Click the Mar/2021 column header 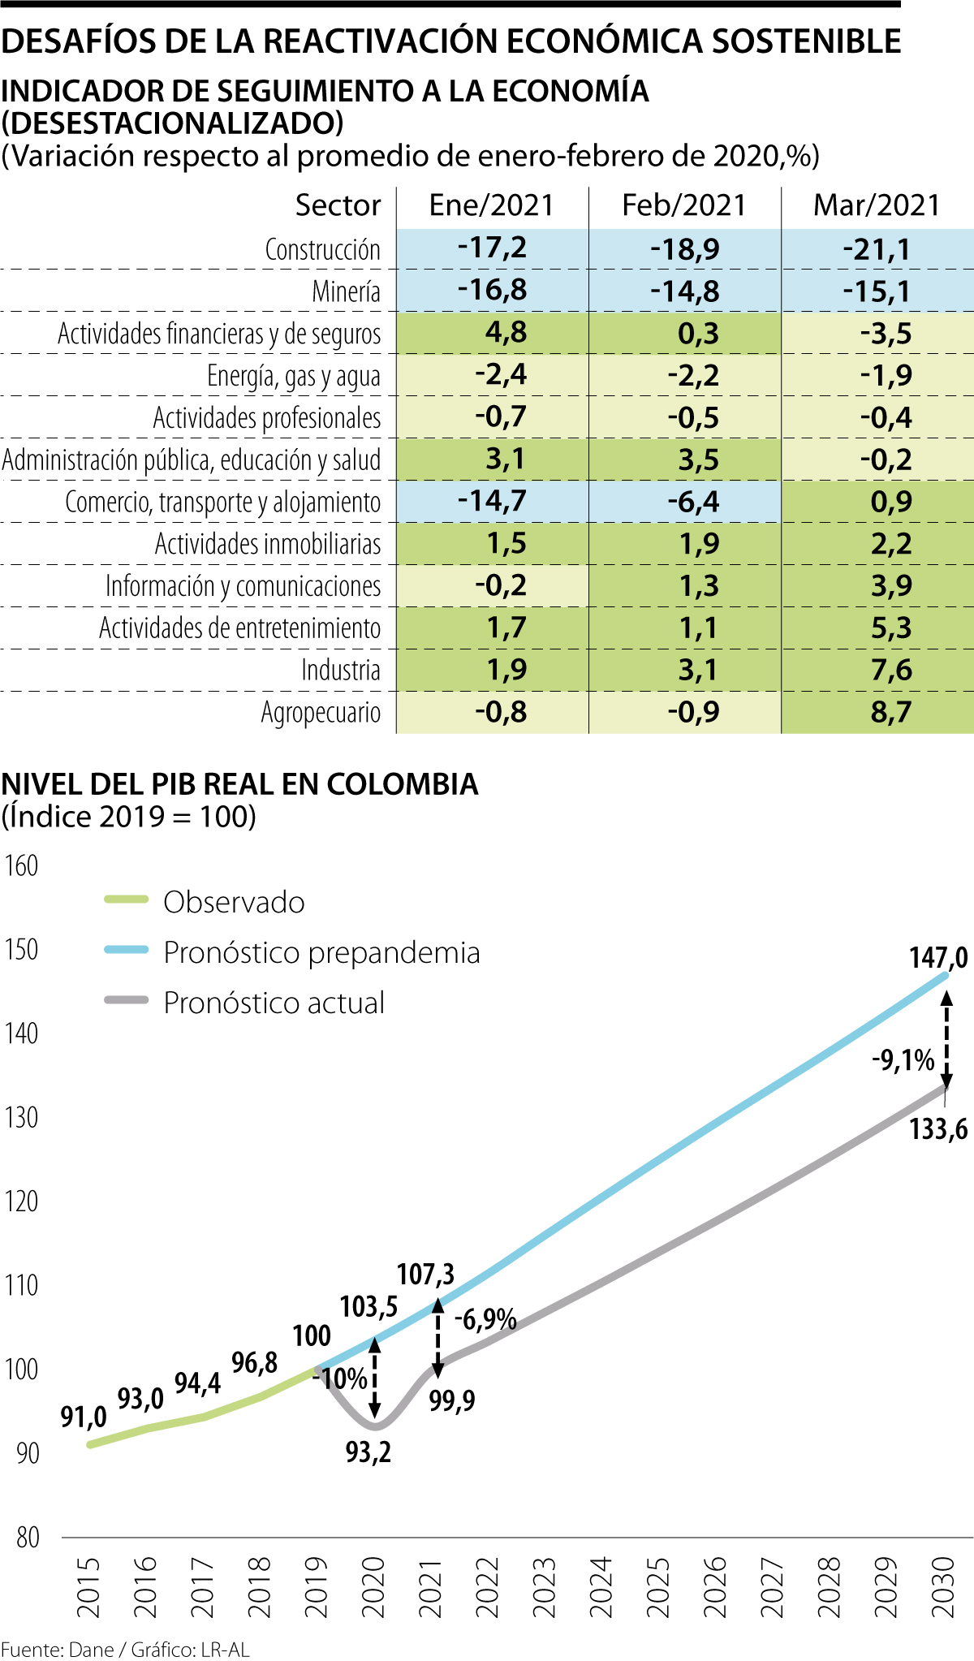(x=877, y=205)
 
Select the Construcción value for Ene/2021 (x=492, y=248)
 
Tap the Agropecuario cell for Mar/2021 (x=891, y=712)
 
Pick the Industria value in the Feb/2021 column (x=698, y=670)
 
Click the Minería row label (x=346, y=291)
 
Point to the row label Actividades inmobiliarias (x=268, y=544)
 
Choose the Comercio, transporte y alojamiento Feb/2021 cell (x=693, y=502)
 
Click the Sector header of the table (x=338, y=205)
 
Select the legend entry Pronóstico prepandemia (x=321, y=952)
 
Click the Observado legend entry (x=234, y=902)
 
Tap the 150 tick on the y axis (x=21, y=950)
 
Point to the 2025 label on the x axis (x=657, y=1588)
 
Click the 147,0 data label (x=938, y=958)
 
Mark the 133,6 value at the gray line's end (x=938, y=1128)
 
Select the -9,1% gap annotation (x=903, y=1060)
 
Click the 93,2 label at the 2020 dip (x=368, y=1452)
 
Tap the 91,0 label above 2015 (x=84, y=1417)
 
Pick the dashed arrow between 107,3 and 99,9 (x=437, y=1338)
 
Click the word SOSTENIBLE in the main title (x=806, y=41)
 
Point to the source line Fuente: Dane (x=57, y=1650)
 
